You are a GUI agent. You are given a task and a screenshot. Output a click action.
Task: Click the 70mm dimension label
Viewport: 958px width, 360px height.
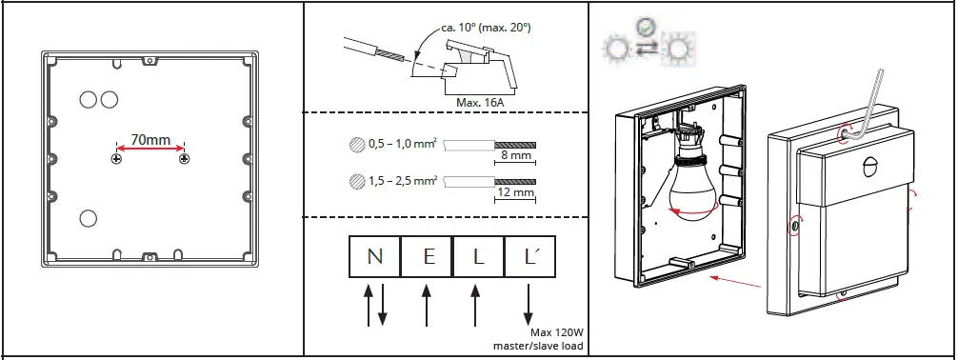coord(150,140)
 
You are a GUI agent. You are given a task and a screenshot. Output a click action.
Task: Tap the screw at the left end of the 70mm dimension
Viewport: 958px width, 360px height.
coord(116,158)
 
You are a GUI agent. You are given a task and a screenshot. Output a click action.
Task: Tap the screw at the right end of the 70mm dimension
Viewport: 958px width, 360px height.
coord(184,158)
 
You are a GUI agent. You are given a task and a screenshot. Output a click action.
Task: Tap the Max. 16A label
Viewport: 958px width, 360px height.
coord(481,99)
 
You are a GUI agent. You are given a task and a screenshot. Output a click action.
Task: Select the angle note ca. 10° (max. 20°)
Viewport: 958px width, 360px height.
coord(486,28)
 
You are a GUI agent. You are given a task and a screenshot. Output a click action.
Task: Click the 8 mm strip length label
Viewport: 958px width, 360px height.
coord(515,155)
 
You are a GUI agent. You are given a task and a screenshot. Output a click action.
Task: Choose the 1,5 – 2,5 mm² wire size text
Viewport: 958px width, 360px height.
coord(401,179)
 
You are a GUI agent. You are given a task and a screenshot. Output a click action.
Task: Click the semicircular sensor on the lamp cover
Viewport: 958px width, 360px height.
coord(868,168)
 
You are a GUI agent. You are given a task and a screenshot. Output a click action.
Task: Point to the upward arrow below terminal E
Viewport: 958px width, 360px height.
coord(427,305)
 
